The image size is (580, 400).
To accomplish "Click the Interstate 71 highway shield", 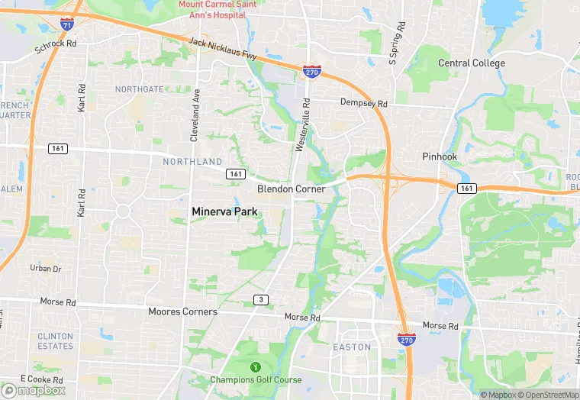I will (x=68, y=24).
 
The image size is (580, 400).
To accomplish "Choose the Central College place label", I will (x=471, y=63).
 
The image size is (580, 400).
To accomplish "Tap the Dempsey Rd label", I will (x=364, y=103).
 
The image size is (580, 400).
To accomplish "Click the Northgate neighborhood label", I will (x=139, y=89).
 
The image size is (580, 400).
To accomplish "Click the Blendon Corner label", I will (x=291, y=189).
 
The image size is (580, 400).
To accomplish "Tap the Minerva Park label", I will (x=224, y=211).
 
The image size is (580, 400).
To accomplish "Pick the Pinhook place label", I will (x=439, y=156).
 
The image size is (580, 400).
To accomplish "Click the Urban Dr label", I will (x=45, y=269).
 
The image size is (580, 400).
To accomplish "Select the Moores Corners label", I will (x=182, y=311).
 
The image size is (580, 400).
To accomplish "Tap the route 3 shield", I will (x=261, y=300).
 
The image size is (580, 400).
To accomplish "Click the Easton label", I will (x=352, y=347).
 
